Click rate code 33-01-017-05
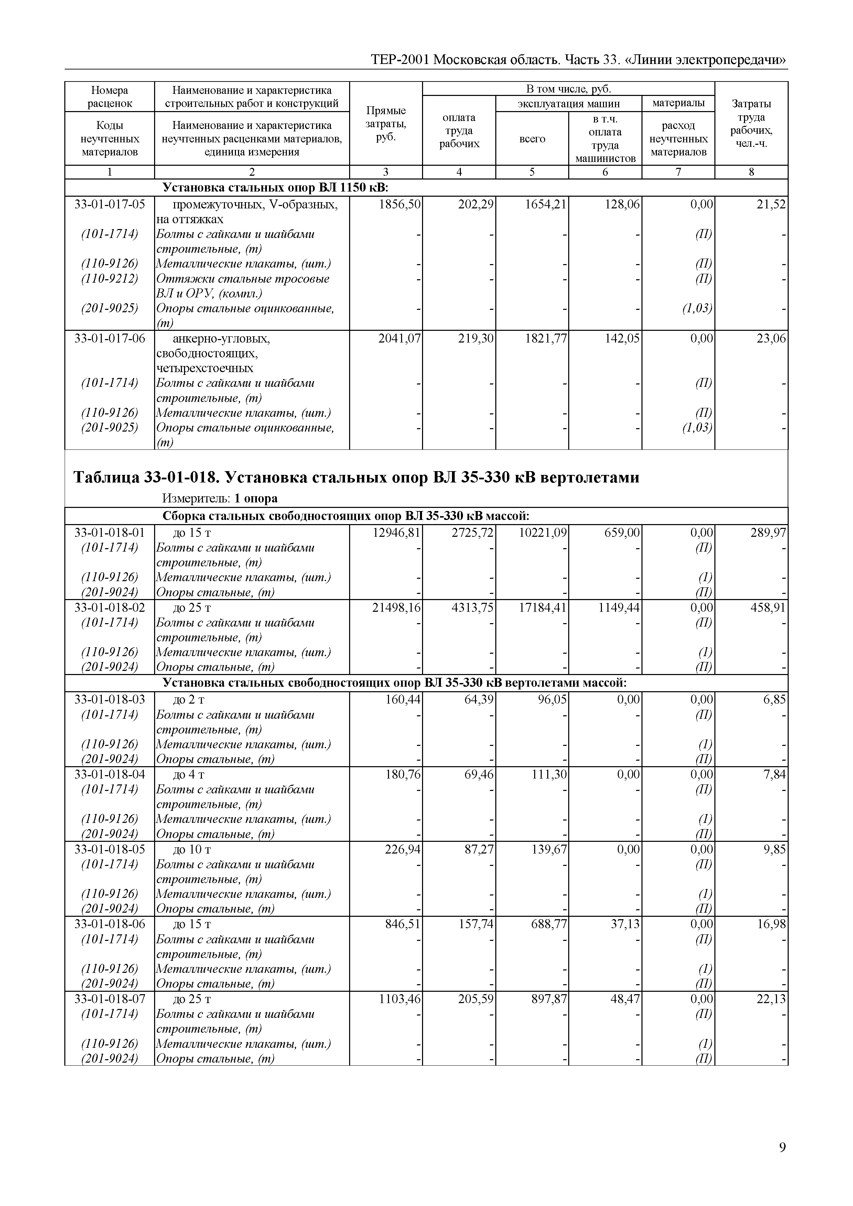point(110,204)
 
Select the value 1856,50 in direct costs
point(400,204)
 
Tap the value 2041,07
point(399,339)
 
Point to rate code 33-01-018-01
point(110,533)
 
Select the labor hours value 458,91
point(768,608)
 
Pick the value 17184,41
point(542,608)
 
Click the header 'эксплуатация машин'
point(568,104)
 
